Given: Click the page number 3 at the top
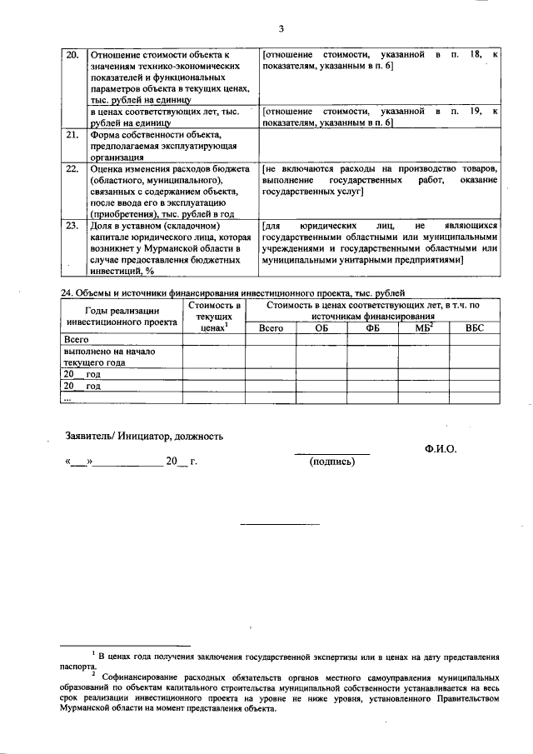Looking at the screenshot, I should click(281, 31).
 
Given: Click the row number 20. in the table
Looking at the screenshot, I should click(72, 55).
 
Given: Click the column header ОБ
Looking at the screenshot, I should click(322, 328).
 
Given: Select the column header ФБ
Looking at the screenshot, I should click(372, 328).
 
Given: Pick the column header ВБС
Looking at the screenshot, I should click(474, 328).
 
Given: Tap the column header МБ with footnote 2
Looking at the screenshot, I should click(424, 327).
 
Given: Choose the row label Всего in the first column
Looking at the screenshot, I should click(76, 340).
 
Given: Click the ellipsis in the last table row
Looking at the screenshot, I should click(68, 398).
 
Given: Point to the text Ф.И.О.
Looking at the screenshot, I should click(440, 447).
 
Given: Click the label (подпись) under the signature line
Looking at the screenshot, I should click(331, 461).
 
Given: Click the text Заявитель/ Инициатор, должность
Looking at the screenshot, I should click(143, 436).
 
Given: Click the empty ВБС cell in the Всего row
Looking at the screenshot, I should click(474, 340).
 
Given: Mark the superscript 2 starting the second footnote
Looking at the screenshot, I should click(94, 674).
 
